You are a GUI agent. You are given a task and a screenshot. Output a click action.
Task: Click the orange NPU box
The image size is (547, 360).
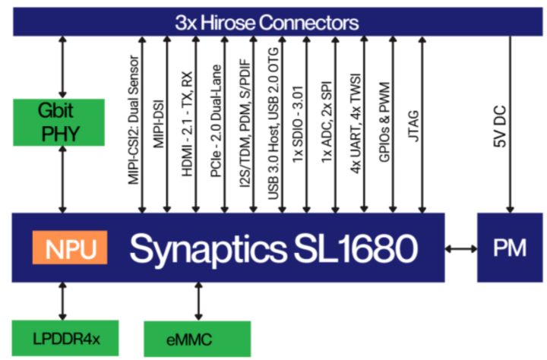tap(69, 249)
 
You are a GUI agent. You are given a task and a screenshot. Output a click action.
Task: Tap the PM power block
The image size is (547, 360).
tap(509, 248)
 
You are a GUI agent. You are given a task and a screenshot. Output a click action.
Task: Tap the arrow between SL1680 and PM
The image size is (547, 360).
tap(460, 248)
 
